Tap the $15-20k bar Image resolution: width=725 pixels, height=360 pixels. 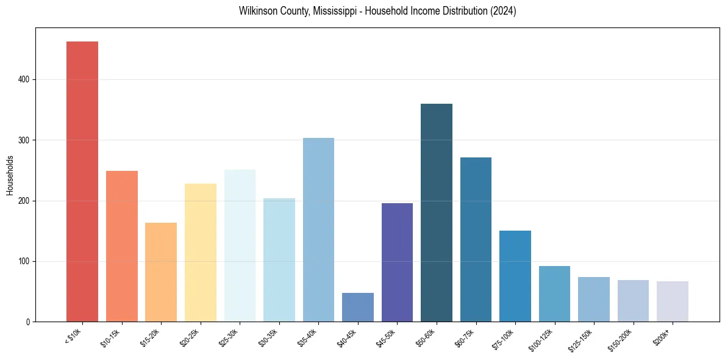(161, 272)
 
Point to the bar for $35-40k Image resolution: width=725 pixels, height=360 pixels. (318, 229)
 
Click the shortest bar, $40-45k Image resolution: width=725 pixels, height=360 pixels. (358, 308)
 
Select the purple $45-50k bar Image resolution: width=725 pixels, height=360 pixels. (397, 262)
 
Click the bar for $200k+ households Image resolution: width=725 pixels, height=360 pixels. (673, 301)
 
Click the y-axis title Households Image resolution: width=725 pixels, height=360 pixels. (10, 175)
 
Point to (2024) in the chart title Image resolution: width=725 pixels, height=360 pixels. (504, 11)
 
